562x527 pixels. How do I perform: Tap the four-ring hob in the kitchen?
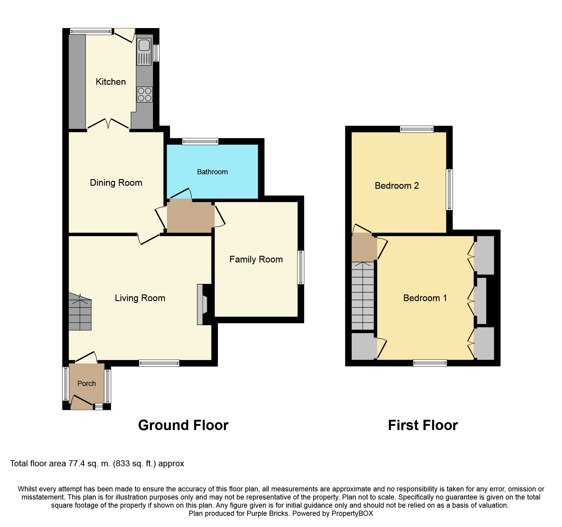[144, 95]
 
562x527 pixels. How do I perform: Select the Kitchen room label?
[111, 82]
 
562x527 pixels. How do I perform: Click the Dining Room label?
[116, 183]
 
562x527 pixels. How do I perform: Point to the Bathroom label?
[212, 172]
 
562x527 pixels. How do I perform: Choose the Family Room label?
[256, 259]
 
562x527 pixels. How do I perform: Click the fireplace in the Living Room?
[202, 304]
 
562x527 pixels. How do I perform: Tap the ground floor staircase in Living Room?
[80, 311]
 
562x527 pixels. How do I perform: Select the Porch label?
[86, 384]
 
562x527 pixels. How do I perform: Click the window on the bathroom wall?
[200, 141]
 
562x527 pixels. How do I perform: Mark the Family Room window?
[301, 267]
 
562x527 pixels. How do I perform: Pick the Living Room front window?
[159, 363]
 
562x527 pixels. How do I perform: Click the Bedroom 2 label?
[397, 186]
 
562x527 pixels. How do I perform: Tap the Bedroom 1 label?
[425, 298]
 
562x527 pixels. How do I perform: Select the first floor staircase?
[363, 296]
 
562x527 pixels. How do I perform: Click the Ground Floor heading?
[183, 425]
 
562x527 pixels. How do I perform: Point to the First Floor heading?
[423, 425]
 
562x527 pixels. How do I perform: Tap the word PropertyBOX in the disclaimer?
[352, 513]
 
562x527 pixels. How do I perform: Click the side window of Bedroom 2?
[450, 189]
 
